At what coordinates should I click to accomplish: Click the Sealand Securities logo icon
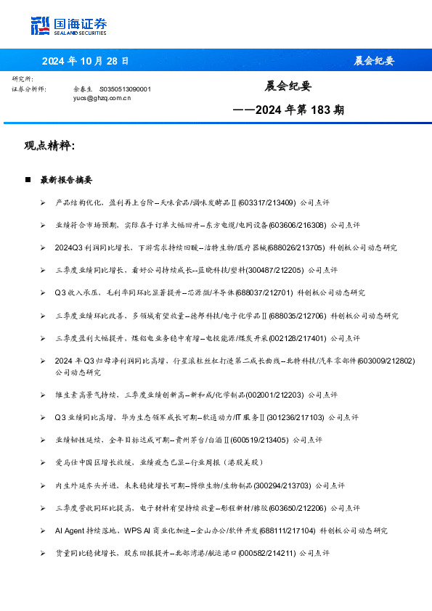(x=40, y=25)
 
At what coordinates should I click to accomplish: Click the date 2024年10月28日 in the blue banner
(x=85, y=61)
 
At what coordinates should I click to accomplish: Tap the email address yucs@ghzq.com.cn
(x=102, y=97)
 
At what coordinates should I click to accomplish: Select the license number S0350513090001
(x=125, y=89)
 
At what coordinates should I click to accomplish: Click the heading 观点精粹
(x=49, y=145)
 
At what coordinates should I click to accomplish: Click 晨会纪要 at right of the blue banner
(x=374, y=61)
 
